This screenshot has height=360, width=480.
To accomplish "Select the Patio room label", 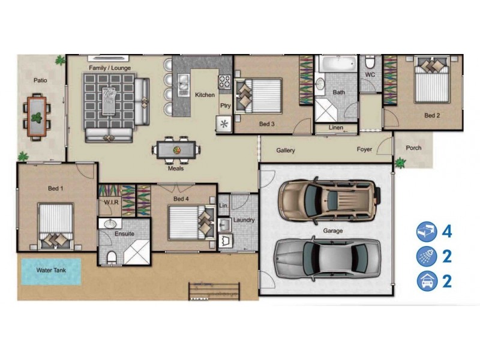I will [40, 80].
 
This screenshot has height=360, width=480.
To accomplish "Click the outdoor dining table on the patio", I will [37, 115].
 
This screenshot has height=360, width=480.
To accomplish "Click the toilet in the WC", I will [370, 62].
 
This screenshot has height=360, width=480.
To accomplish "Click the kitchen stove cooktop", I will [225, 83].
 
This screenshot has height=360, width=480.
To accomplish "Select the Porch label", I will [413, 148].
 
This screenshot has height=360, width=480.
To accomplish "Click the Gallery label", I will [285, 151].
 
